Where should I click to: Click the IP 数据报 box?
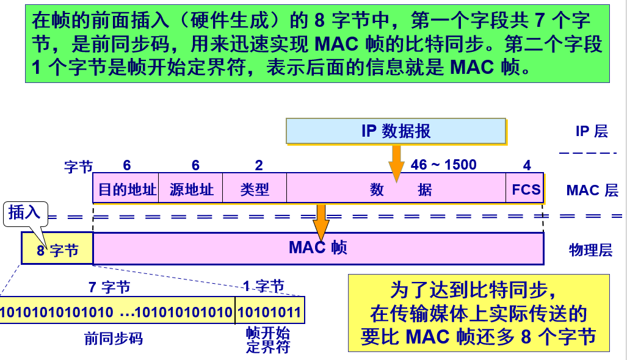point(396,131)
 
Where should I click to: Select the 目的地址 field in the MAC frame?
point(128,190)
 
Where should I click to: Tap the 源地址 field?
point(192,190)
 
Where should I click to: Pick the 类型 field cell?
point(255,190)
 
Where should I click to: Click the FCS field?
point(526,190)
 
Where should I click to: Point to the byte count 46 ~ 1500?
point(443,165)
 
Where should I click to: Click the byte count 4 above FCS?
point(527,165)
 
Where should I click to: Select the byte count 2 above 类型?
point(259,165)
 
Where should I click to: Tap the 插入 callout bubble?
point(24,212)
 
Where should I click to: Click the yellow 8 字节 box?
point(57,250)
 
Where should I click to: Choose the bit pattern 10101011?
point(269,313)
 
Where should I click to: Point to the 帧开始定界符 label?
point(268,340)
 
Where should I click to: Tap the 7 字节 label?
point(109,287)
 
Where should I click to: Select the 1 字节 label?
point(263,286)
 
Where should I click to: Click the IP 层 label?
point(592,131)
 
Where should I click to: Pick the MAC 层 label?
point(592,190)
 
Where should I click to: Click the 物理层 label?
point(590,250)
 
